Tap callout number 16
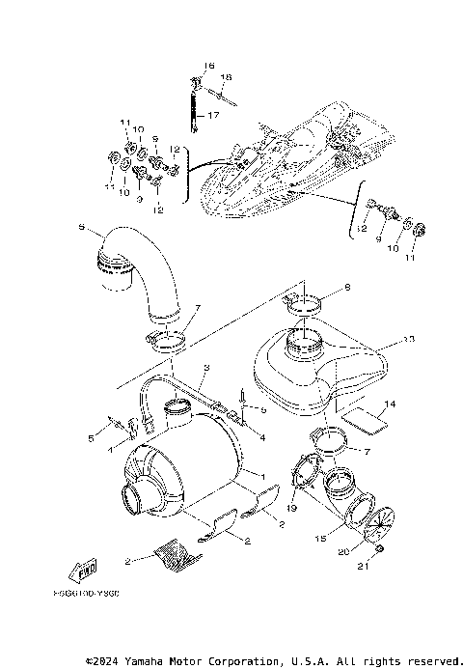click(x=207, y=65)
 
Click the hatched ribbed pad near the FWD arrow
click(x=176, y=554)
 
